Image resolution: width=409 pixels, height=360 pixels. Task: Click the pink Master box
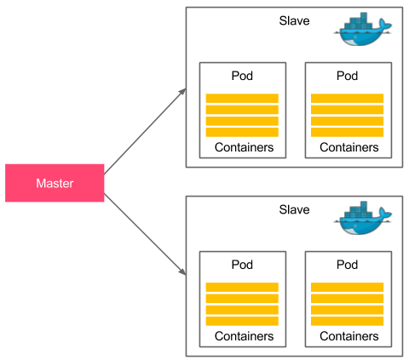pyautogui.click(x=55, y=183)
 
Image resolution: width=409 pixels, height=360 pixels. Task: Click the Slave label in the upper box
pyautogui.click(x=294, y=20)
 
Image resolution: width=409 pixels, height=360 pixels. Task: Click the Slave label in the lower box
pyautogui.click(x=294, y=209)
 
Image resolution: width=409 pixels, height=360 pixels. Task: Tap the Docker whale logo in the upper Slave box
pyautogui.click(x=363, y=29)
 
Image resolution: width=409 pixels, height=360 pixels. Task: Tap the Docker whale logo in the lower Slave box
pyautogui.click(x=363, y=218)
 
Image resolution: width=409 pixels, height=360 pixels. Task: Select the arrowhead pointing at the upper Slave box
pyautogui.click(x=182, y=92)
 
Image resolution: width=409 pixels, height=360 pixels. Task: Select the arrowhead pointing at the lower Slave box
pyautogui.click(x=182, y=271)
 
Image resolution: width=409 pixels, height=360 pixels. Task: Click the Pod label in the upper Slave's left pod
pyautogui.click(x=242, y=76)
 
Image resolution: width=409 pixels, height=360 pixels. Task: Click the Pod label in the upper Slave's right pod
pyautogui.click(x=347, y=76)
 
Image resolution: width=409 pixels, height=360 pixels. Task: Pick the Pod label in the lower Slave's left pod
pyautogui.click(x=242, y=265)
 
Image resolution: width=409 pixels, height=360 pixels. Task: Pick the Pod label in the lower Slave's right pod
pyautogui.click(x=347, y=265)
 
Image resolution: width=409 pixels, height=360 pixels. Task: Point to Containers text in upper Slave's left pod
pyautogui.click(x=244, y=147)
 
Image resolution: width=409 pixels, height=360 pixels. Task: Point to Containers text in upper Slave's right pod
pyautogui.click(x=349, y=147)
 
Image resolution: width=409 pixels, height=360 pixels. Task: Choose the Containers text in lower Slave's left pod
pyautogui.click(x=244, y=336)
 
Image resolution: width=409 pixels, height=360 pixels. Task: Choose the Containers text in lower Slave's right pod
pyautogui.click(x=349, y=336)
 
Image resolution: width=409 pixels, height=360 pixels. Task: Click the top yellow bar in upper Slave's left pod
pyautogui.click(x=242, y=98)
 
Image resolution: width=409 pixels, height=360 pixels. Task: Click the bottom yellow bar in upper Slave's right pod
pyautogui.click(x=347, y=132)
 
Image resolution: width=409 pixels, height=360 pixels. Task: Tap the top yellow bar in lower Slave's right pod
pyautogui.click(x=347, y=287)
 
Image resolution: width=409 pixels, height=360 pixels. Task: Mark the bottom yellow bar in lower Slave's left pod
pyautogui.click(x=242, y=321)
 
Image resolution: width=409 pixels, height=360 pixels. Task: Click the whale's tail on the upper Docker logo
pyautogui.click(x=385, y=25)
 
